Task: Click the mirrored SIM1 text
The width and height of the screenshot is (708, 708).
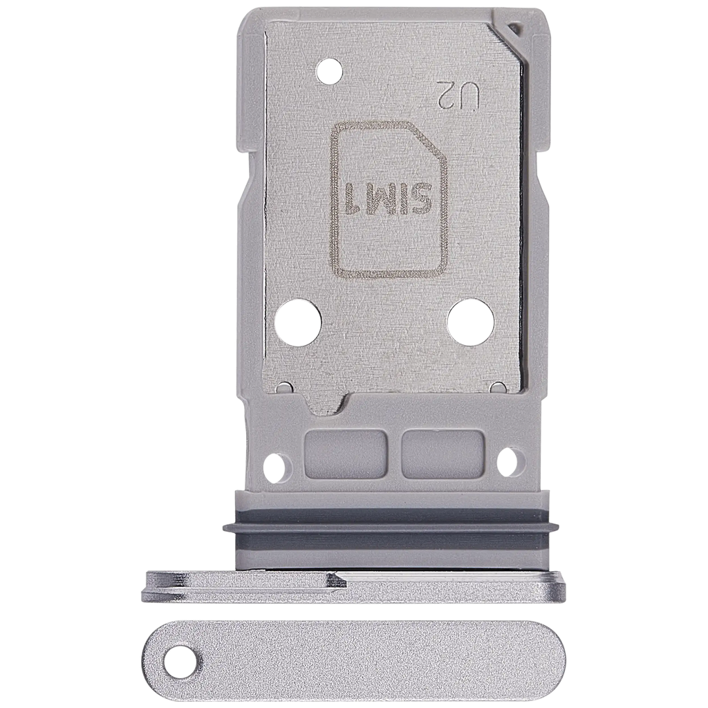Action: point(386,200)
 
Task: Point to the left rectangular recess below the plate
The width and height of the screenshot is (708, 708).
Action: point(346,454)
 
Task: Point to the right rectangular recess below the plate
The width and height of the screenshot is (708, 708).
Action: point(442,454)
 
